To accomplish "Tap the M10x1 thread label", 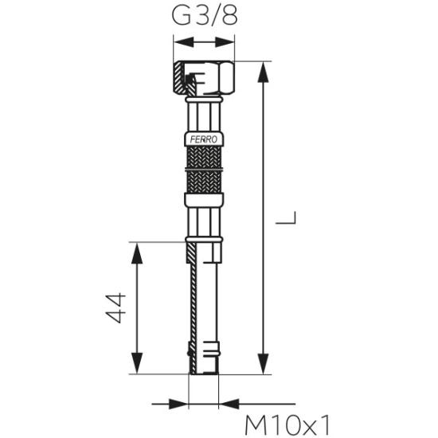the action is coord(287,424).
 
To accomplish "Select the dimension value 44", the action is coord(115,308).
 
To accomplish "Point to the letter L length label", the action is coord(286,217).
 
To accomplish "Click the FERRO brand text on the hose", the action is coord(204,139).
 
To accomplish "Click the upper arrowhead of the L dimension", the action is coord(263,72).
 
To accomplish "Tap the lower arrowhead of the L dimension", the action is coord(263,364).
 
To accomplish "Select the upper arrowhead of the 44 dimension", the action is coord(137,253).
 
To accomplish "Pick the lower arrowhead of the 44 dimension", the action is coord(137,363).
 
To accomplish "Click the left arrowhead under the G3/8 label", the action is coord(183,42).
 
